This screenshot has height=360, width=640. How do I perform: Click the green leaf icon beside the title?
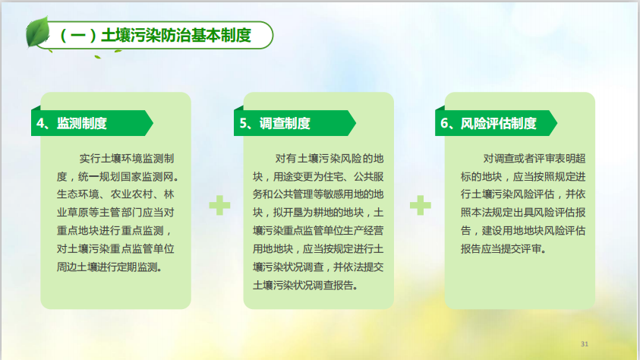[37, 32]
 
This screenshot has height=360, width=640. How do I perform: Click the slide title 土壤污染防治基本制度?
[176, 36]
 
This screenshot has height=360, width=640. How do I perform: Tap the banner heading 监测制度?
[82, 123]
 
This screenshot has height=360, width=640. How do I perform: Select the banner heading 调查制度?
[285, 123]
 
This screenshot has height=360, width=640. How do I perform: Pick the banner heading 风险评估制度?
[498, 123]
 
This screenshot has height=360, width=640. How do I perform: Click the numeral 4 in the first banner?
[40, 123]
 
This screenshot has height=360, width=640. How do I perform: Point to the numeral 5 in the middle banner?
[243, 123]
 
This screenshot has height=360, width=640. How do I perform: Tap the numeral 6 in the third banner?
[444, 123]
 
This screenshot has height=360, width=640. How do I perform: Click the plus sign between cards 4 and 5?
[219, 205]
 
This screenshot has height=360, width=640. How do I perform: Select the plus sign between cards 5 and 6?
[421, 205]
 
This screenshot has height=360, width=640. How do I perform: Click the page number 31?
[585, 344]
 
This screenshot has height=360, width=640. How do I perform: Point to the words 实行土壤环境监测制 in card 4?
[127, 159]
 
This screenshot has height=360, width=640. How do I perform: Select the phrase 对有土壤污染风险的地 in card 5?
[329, 159]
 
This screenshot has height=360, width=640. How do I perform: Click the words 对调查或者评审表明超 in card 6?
[534, 159]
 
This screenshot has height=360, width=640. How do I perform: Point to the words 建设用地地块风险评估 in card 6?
[534, 231]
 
